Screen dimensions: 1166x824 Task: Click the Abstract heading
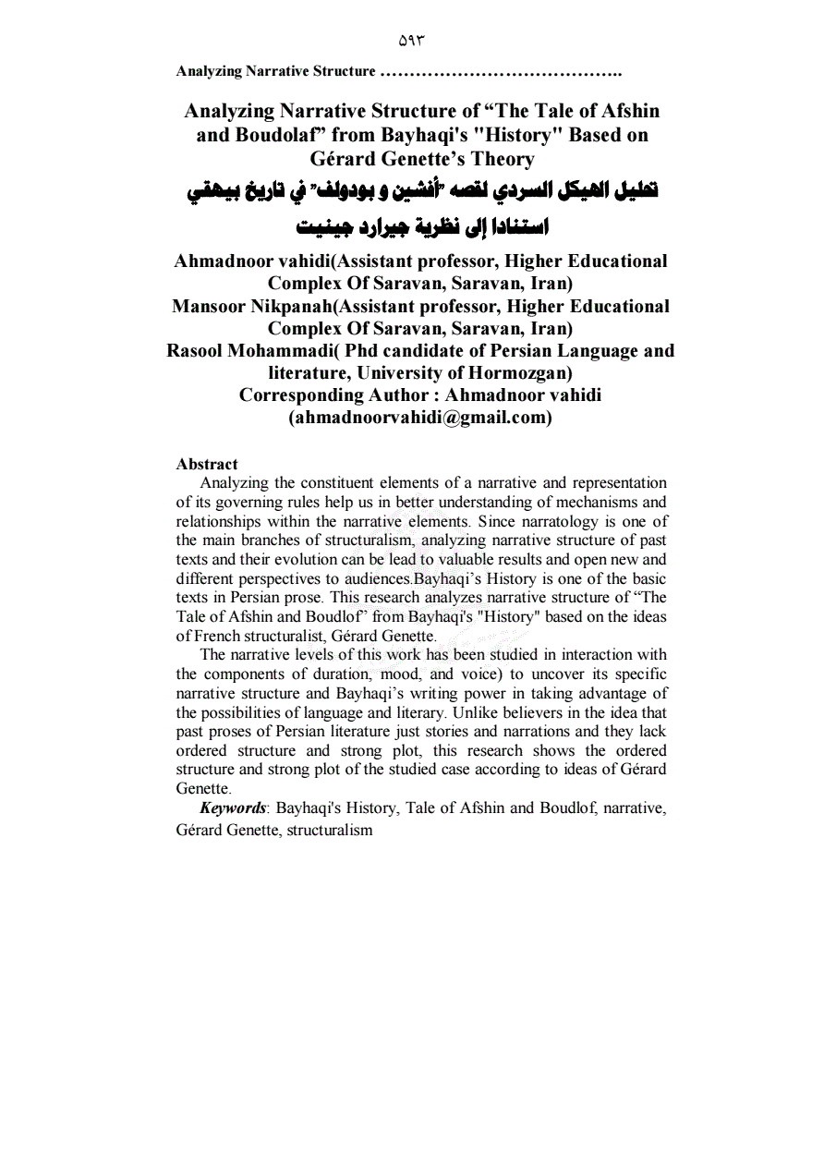(x=207, y=464)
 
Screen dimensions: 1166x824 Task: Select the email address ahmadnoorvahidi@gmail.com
(x=420, y=418)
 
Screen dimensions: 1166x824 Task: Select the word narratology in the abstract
(x=551, y=521)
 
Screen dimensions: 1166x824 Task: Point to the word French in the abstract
(x=221, y=637)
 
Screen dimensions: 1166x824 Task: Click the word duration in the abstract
(x=341, y=674)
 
